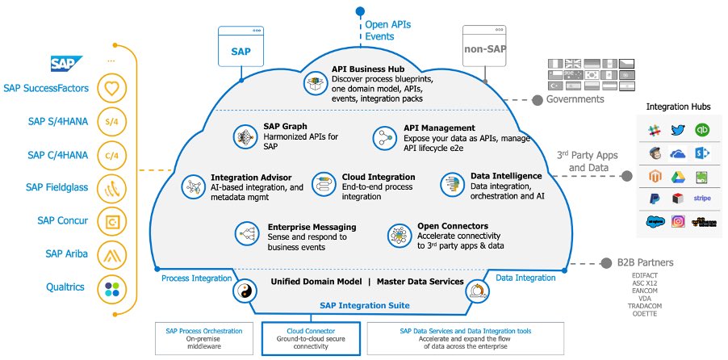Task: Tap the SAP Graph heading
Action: [282, 127]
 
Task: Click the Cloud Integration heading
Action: [379, 177]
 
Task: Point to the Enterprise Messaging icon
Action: [245, 234]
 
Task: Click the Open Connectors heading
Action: [451, 227]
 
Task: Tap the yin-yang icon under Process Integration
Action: [244, 291]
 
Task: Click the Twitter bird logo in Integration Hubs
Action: [677, 130]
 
